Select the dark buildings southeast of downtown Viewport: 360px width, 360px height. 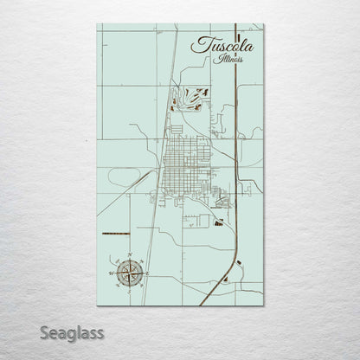coord(217,222)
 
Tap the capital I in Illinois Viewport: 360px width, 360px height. coord(221,59)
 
